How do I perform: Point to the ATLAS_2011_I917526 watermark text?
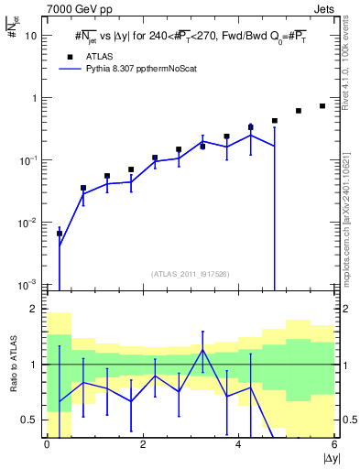coord(191,274)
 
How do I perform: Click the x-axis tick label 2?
coord(142,444)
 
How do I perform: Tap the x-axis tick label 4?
coord(238,444)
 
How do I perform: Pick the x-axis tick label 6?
coord(334,444)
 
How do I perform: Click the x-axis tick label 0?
coord(47,444)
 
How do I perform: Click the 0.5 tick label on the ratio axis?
coord(29,420)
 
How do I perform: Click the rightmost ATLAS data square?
coord(322,106)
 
